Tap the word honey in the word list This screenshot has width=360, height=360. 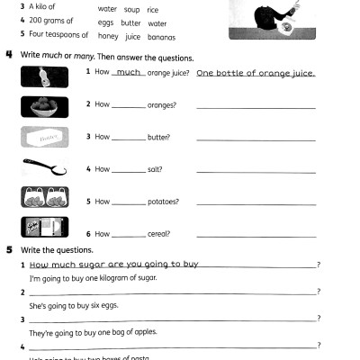click(108, 37)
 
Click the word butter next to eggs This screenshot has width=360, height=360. click(131, 23)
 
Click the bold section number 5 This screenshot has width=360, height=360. click(8, 249)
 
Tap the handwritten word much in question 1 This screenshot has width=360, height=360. click(130, 72)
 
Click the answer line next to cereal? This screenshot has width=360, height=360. click(256, 236)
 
